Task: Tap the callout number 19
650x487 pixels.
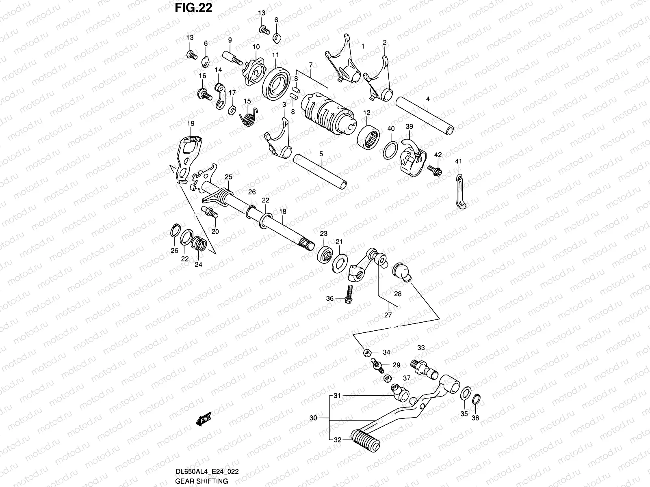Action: [191, 123]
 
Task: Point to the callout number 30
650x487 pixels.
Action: [313, 418]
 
